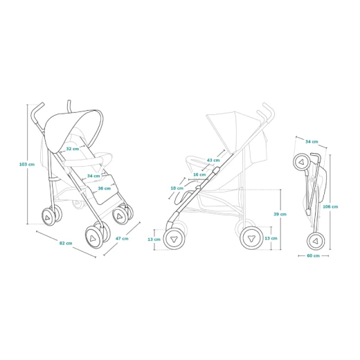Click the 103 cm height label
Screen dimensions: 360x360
pos(27,164)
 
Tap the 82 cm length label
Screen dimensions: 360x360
pos(66,243)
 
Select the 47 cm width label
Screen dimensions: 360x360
pos(122,238)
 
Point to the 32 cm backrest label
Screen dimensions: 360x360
pos(73,149)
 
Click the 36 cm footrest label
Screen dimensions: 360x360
pos(105,188)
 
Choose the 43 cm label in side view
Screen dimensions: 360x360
pos(213,160)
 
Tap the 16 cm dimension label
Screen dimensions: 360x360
pos(199,174)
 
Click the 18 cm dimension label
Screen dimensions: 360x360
pos(177,188)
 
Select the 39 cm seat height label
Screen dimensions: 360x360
pos(280,214)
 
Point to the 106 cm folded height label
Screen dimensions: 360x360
pos(330,206)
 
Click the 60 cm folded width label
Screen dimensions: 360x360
pos(314,255)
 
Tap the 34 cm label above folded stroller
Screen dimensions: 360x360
pos(312,141)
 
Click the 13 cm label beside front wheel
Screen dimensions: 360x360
pos(154,240)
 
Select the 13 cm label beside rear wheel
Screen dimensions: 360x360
pos(271,238)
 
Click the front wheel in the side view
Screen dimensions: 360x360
pos(174,239)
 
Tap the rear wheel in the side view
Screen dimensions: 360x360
pos(251,238)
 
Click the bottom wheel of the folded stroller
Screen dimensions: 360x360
pos(316,241)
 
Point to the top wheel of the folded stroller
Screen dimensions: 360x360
pos(302,162)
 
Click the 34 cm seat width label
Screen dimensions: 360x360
pos(93,176)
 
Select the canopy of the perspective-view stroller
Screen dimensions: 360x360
pos(74,129)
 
